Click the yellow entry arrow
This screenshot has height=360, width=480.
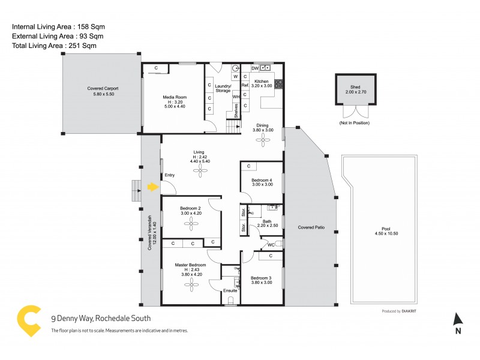click(153, 187)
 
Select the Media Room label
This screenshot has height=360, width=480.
click(175, 97)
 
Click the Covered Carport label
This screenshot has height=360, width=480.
click(103, 88)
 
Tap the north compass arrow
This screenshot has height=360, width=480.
click(458, 319)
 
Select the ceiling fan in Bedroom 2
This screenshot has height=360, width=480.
click(191, 224)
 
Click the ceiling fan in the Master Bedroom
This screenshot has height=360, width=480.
click(191, 286)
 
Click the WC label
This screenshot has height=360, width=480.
click(271, 245)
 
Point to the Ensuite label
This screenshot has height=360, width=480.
click(230, 291)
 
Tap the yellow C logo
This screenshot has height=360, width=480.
click(26, 322)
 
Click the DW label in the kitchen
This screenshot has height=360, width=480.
click(255, 68)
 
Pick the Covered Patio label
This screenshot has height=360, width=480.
click(310, 228)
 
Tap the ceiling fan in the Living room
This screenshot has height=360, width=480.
click(199, 170)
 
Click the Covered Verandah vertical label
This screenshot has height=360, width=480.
click(151, 233)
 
